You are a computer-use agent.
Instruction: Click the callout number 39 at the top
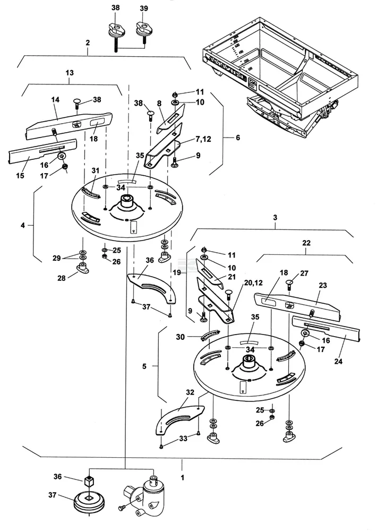143,8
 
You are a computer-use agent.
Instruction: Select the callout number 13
70,72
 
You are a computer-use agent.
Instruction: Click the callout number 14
55,99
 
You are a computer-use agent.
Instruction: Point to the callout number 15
20,176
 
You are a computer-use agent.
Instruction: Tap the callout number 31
96,170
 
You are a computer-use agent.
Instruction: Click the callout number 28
61,279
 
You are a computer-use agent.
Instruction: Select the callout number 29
57,258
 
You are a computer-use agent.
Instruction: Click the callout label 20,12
253,283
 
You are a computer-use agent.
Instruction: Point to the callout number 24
338,361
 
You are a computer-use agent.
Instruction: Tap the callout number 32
190,392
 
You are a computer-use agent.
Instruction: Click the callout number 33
183,439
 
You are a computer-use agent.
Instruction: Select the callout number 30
181,337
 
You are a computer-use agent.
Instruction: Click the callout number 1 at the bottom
183,478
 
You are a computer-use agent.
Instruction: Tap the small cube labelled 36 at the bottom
89,481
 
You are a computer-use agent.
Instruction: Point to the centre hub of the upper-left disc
127,201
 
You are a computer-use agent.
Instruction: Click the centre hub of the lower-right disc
250,363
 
